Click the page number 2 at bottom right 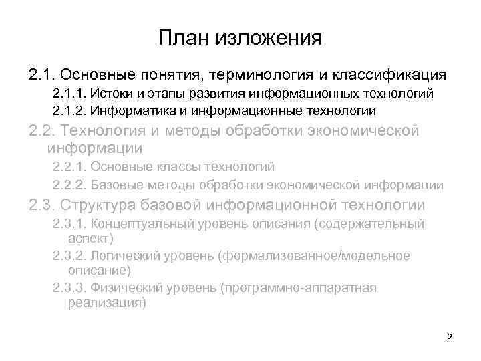pos(449,337)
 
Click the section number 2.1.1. pos(69,92)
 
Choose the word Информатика pos(129,110)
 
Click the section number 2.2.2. pos(69,185)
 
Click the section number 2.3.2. pos(69,256)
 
